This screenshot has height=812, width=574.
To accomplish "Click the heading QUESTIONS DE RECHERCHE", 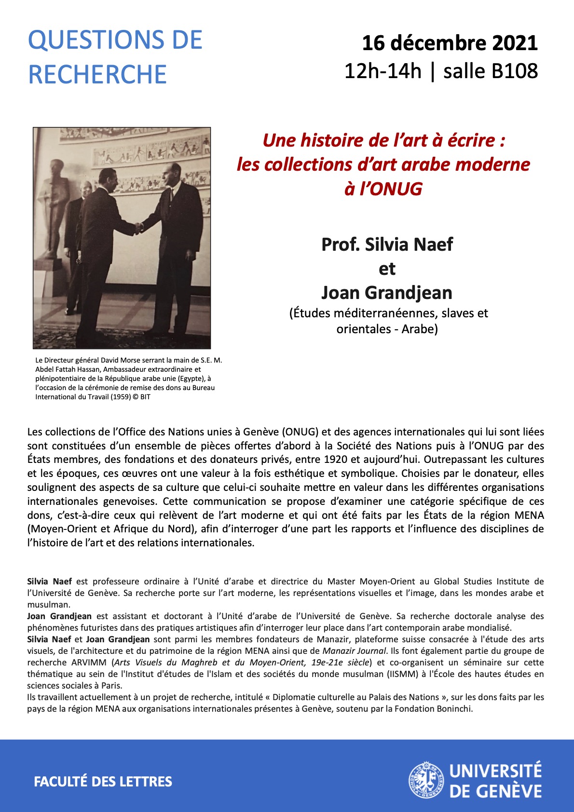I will [x=115, y=57].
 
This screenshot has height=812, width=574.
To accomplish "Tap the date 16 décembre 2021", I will [x=450, y=43].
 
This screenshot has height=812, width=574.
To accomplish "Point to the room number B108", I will [x=514, y=71].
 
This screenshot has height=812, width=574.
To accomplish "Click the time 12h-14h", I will [x=383, y=71].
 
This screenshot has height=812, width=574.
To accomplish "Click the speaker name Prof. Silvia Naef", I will [x=387, y=244].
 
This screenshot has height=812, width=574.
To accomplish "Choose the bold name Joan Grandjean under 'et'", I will [x=387, y=293].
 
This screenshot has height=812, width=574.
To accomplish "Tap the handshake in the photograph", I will [x=139, y=227].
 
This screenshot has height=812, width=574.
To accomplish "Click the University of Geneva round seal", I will [x=425, y=780].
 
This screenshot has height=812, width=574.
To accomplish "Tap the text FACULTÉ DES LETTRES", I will [x=103, y=782].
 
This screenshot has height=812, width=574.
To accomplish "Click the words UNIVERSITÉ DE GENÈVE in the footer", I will [x=495, y=781].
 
